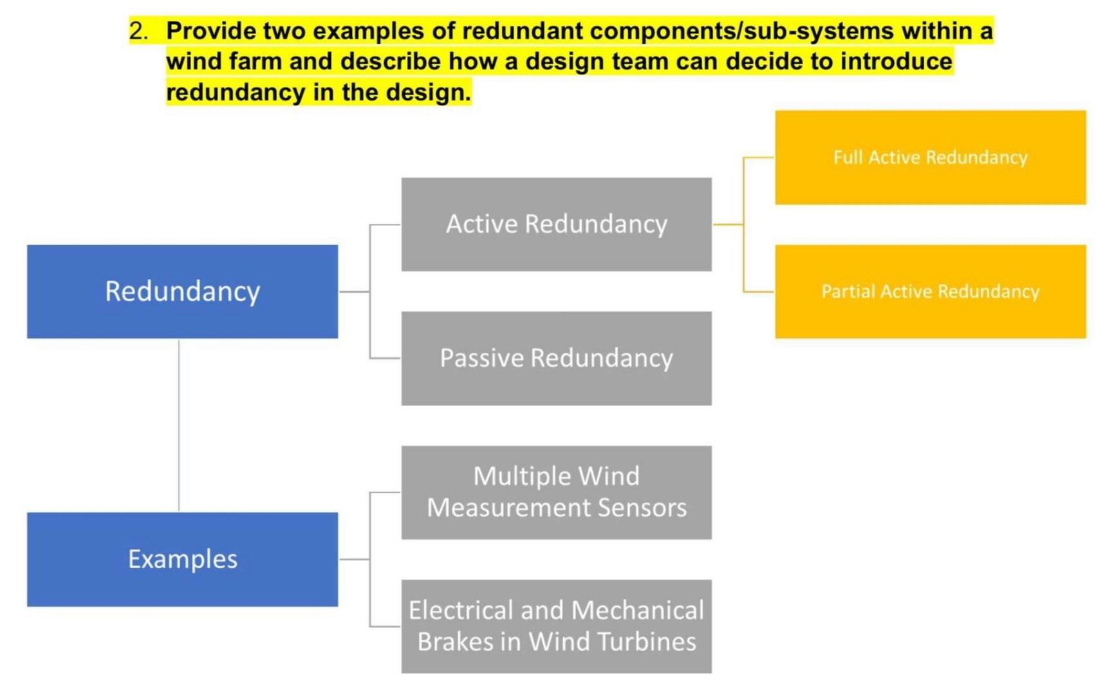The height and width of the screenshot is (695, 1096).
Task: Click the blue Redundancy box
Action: tap(182, 292)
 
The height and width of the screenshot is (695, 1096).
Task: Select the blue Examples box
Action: tap(182, 559)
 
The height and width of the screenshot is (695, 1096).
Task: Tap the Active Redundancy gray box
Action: tap(556, 225)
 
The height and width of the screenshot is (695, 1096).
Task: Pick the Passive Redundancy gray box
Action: tap(556, 358)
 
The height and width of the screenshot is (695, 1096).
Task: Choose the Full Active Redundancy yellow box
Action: tap(930, 158)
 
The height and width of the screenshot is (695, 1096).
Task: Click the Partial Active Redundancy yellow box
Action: tap(930, 292)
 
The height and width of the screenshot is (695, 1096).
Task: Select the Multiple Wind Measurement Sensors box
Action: tap(556, 492)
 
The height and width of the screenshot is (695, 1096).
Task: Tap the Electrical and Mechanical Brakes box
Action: tap(556, 626)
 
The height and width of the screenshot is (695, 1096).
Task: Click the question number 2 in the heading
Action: tap(138, 31)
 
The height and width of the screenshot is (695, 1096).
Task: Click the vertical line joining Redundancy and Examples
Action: tap(179, 425)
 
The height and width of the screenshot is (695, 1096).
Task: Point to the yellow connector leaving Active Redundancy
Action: tap(728, 225)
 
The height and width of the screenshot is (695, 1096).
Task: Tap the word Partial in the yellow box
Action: tap(848, 292)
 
